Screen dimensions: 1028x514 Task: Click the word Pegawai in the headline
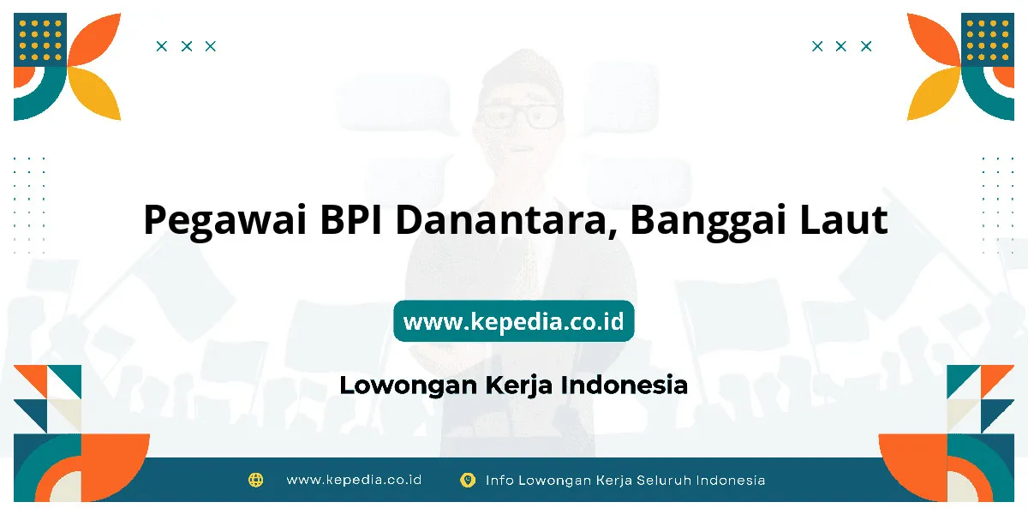click(224, 220)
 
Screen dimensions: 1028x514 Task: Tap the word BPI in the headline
click(351, 219)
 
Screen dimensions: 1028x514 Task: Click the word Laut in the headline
click(844, 219)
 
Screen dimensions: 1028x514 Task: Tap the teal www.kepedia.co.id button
click(513, 320)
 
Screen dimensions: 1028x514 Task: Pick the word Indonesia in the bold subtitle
click(625, 385)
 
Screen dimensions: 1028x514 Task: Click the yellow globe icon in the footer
click(255, 480)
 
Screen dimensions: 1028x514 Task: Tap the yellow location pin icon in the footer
click(468, 480)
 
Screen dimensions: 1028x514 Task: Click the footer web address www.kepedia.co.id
click(354, 480)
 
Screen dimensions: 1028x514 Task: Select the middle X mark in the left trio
click(187, 46)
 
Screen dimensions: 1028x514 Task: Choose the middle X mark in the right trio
click(840, 46)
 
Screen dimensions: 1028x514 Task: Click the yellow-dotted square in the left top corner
click(40, 40)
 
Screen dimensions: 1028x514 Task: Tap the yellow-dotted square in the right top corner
click(988, 40)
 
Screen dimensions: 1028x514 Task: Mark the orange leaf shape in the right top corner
click(934, 39)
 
